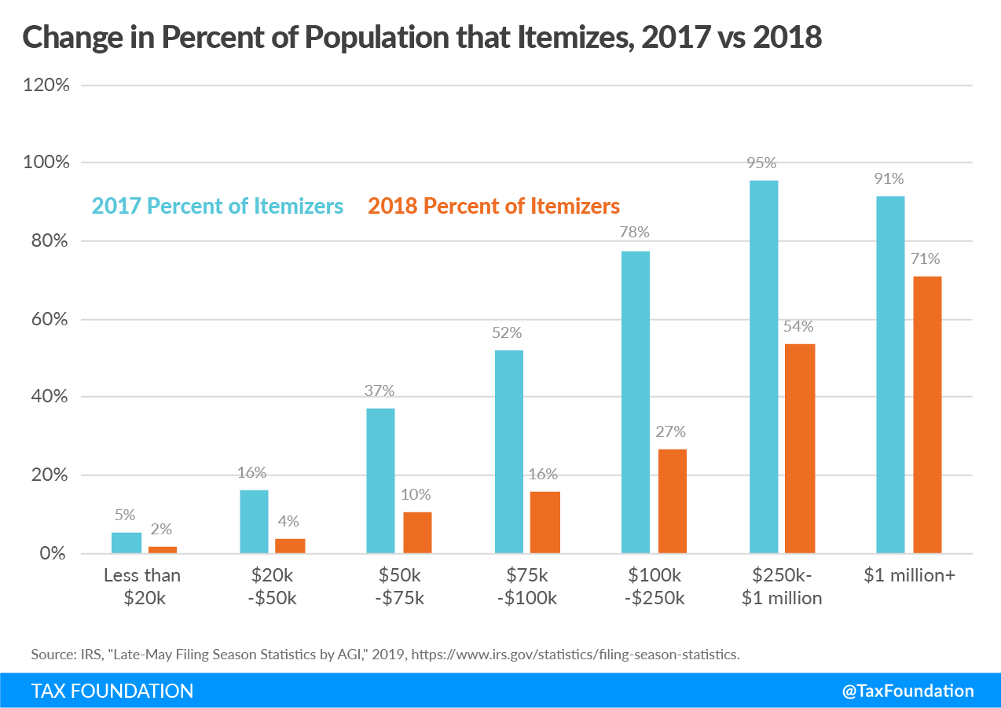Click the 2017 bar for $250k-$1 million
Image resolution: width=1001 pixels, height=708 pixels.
[764, 367]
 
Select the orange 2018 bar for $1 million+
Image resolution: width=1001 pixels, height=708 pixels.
[927, 415]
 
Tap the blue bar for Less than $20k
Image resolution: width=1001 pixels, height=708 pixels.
[126, 543]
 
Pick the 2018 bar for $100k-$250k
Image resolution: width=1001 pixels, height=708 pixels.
[673, 501]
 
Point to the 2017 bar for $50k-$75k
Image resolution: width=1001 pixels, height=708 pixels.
[380, 481]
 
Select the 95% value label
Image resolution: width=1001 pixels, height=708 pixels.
[762, 163]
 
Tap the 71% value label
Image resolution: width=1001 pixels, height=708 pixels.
[926, 259]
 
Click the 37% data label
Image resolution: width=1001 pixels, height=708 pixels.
[379, 391]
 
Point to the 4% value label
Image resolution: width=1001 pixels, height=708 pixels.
[288, 521]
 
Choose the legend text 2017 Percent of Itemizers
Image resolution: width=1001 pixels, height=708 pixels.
[218, 206]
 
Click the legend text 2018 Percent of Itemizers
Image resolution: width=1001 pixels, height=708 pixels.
[493, 206]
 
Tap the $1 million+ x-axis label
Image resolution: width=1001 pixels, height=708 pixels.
[909, 575]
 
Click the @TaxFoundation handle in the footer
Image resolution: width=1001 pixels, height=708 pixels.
[907, 691]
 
